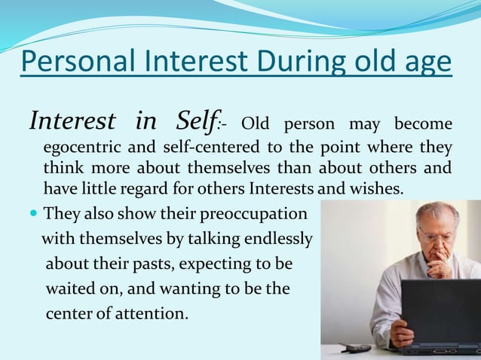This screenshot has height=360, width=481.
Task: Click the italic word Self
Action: click(201, 121)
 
